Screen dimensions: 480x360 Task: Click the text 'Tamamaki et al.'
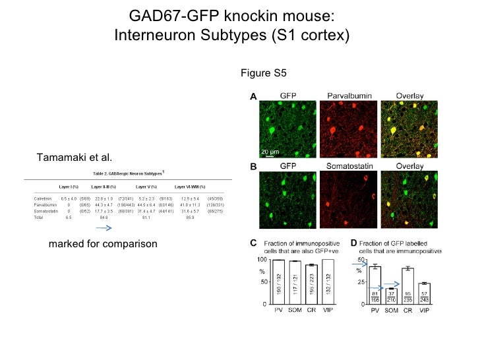click(x=74, y=157)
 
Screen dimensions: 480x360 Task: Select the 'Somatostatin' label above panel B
click(x=349, y=167)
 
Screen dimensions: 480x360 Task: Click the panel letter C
click(x=253, y=243)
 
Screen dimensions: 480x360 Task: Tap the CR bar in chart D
click(x=407, y=286)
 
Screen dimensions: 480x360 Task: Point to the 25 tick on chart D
click(x=361, y=283)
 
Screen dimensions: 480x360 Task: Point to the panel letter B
click(x=253, y=167)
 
